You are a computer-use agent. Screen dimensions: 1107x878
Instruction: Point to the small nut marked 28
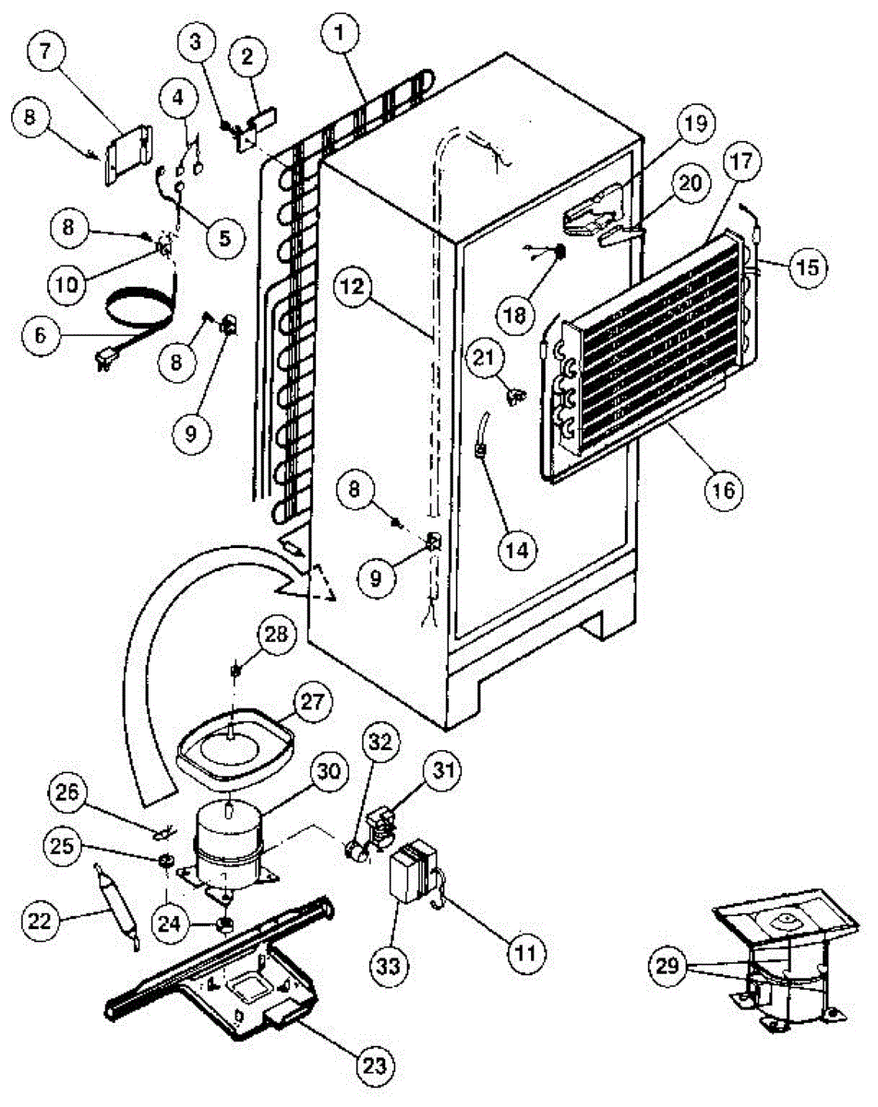pos(235,667)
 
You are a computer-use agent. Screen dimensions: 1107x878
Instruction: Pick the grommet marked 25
pos(166,862)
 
